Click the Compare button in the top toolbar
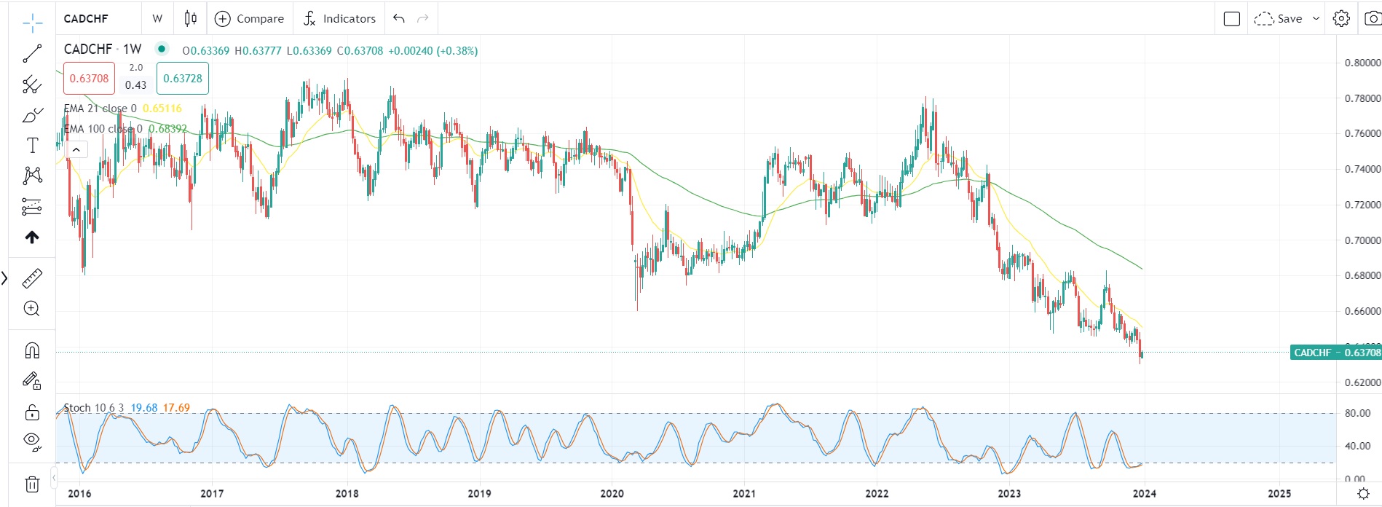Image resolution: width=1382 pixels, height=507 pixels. [250, 19]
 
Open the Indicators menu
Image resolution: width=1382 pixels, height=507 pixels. [339, 19]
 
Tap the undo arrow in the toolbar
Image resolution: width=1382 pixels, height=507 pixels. [398, 19]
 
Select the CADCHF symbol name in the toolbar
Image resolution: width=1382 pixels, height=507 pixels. [86, 19]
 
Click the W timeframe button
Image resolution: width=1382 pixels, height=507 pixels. [157, 19]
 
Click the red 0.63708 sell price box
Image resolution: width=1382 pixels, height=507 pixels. [89, 79]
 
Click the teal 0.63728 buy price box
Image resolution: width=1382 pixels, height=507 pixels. [183, 79]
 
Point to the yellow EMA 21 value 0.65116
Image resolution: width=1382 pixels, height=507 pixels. [162, 109]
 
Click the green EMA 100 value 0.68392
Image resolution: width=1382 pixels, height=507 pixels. [167, 129]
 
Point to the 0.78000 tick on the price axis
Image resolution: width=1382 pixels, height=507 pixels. [1362, 98]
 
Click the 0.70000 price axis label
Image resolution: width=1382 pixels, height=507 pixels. [1362, 240]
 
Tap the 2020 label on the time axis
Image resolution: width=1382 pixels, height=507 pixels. [612, 494]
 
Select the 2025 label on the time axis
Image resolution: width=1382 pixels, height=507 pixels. [1279, 494]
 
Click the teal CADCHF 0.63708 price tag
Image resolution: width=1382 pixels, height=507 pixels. [1336, 353]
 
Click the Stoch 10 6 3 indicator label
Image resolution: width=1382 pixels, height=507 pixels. [93, 408]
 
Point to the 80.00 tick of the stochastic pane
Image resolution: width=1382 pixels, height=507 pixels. [1357, 413]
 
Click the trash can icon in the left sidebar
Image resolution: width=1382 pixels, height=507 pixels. [32, 484]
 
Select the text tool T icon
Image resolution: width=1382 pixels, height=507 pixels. [32, 146]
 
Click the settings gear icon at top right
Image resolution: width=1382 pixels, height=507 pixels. [1341, 19]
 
